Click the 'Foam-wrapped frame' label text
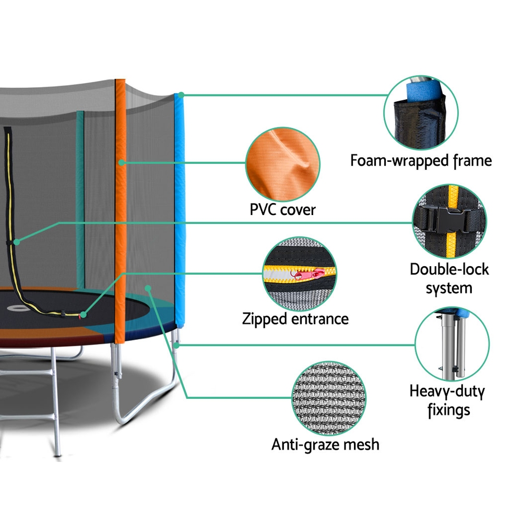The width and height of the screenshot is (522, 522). click(x=421, y=160)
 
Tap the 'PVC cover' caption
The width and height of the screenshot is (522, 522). click(x=282, y=210)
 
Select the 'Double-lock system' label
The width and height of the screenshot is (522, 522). click(x=449, y=278)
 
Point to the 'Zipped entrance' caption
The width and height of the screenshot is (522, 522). click(x=295, y=318)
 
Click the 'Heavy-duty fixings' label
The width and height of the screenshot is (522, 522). click(x=447, y=400)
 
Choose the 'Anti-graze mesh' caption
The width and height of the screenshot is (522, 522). click(x=325, y=444)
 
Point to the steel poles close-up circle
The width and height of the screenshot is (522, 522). click(x=452, y=345)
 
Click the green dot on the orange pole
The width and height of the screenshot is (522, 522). click(x=121, y=162)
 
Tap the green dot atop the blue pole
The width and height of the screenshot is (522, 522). click(x=181, y=95)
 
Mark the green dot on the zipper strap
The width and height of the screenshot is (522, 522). click(x=17, y=242)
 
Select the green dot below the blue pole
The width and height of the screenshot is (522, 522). click(x=176, y=345)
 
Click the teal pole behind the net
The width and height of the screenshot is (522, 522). click(x=80, y=198)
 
